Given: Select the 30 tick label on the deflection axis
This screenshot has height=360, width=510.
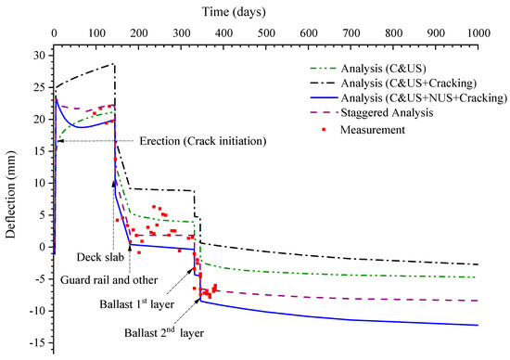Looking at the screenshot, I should point(37,56).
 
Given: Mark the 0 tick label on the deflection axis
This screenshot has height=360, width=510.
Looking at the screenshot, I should point(41,247).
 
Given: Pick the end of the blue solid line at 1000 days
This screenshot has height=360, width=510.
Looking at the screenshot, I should point(478,325).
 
